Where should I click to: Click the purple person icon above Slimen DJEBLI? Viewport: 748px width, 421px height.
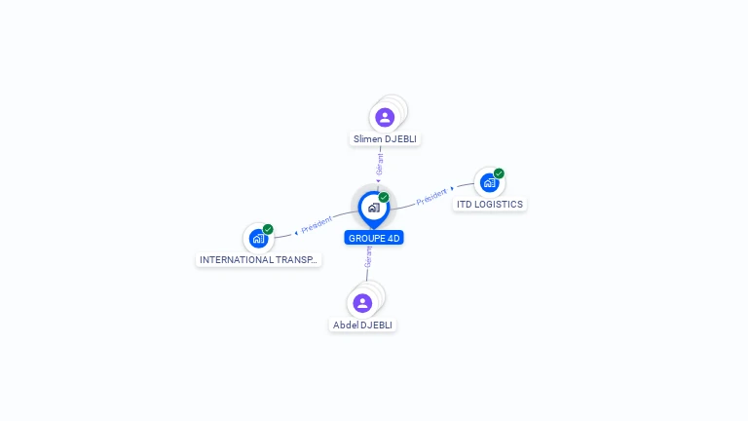tap(385, 117)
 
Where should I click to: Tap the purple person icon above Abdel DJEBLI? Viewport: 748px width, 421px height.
tap(362, 303)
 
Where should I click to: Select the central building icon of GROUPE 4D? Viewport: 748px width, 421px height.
tap(373, 208)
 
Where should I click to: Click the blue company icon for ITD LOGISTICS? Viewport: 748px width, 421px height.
tap(489, 182)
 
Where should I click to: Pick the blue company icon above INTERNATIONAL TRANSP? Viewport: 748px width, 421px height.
tap(258, 238)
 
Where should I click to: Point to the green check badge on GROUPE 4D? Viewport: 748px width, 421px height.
tap(384, 198)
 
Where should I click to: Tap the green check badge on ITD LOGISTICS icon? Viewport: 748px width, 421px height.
tap(499, 173)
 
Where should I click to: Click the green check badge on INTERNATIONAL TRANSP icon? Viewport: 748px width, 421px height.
tap(268, 230)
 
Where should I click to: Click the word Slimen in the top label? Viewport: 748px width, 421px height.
tap(368, 139)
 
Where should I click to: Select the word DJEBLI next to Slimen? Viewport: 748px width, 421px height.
tap(400, 139)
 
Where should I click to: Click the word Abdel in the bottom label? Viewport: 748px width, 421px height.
tap(346, 325)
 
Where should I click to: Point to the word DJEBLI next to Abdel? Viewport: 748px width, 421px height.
tap(377, 325)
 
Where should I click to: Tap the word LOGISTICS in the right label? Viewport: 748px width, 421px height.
tap(499, 205)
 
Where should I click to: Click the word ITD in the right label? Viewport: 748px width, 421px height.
tap(464, 205)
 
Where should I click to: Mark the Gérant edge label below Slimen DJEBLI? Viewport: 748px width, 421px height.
tap(380, 164)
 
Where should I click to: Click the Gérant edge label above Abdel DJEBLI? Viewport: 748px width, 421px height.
tap(368, 257)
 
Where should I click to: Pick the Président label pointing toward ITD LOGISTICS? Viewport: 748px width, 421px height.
tap(431, 196)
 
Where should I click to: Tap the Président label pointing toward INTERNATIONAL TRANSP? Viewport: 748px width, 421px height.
tap(317, 225)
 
